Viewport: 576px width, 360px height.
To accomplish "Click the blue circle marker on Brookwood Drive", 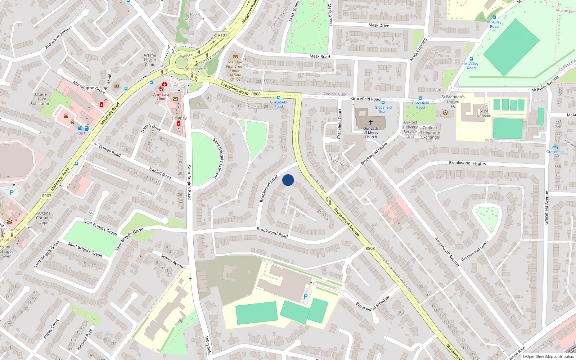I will [x=288, y=180].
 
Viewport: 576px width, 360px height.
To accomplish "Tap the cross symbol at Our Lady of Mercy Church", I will [x=371, y=122].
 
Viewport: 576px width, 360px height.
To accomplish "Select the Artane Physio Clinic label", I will [x=150, y=60].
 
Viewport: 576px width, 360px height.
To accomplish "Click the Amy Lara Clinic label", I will [x=161, y=96].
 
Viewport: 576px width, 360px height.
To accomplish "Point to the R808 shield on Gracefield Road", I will [x=256, y=94].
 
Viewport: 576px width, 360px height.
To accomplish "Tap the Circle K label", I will [x=80, y=133].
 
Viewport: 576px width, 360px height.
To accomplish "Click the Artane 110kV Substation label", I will [x=40, y=99].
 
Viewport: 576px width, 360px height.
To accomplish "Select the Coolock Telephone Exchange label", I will [x=430, y=132].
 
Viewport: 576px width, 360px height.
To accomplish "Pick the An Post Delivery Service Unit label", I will [x=410, y=129].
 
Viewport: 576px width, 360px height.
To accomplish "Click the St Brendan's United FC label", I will [x=453, y=101].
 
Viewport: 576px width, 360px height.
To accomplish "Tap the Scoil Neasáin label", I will [x=484, y=113].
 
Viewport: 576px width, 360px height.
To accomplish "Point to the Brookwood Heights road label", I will [x=467, y=163].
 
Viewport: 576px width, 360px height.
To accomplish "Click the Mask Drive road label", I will [x=379, y=25].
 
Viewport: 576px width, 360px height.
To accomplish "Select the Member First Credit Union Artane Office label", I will [x=235, y=71].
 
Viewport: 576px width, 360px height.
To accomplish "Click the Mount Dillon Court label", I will [x=195, y=17].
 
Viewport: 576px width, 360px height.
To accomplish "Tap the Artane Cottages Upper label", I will [x=44, y=218].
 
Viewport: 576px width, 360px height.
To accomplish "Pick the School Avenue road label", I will [x=173, y=261].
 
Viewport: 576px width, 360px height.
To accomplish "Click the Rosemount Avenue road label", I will [x=447, y=252].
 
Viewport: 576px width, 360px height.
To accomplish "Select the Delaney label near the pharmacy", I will [x=179, y=118].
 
